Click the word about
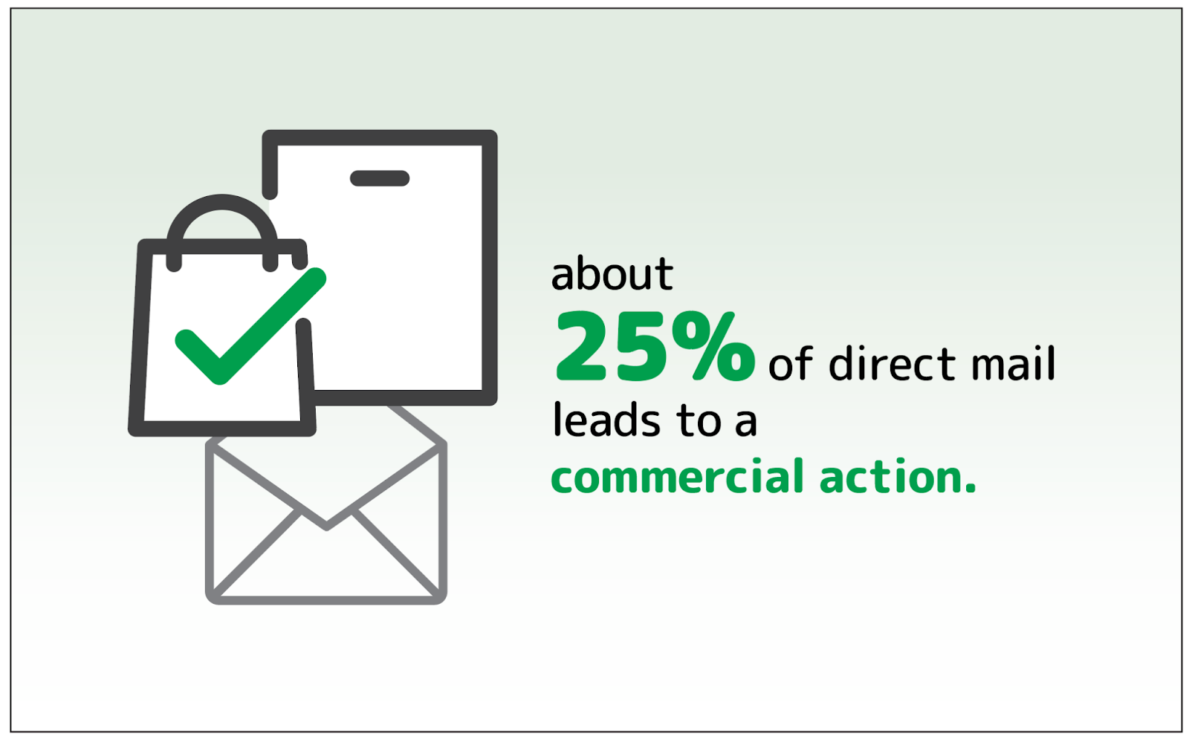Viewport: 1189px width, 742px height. click(x=612, y=273)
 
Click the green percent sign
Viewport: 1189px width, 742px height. click(x=713, y=346)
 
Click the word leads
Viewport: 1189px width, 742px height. click(x=606, y=420)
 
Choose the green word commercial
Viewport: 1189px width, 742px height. click(x=678, y=476)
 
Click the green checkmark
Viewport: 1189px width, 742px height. click(x=250, y=327)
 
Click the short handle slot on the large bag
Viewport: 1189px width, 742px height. click(x=380, y=178)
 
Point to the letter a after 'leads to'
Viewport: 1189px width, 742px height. click(x=746, y=423)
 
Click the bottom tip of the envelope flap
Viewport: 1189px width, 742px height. click(x=326, y=527)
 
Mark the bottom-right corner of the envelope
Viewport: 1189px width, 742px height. click(x=441, y=599)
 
